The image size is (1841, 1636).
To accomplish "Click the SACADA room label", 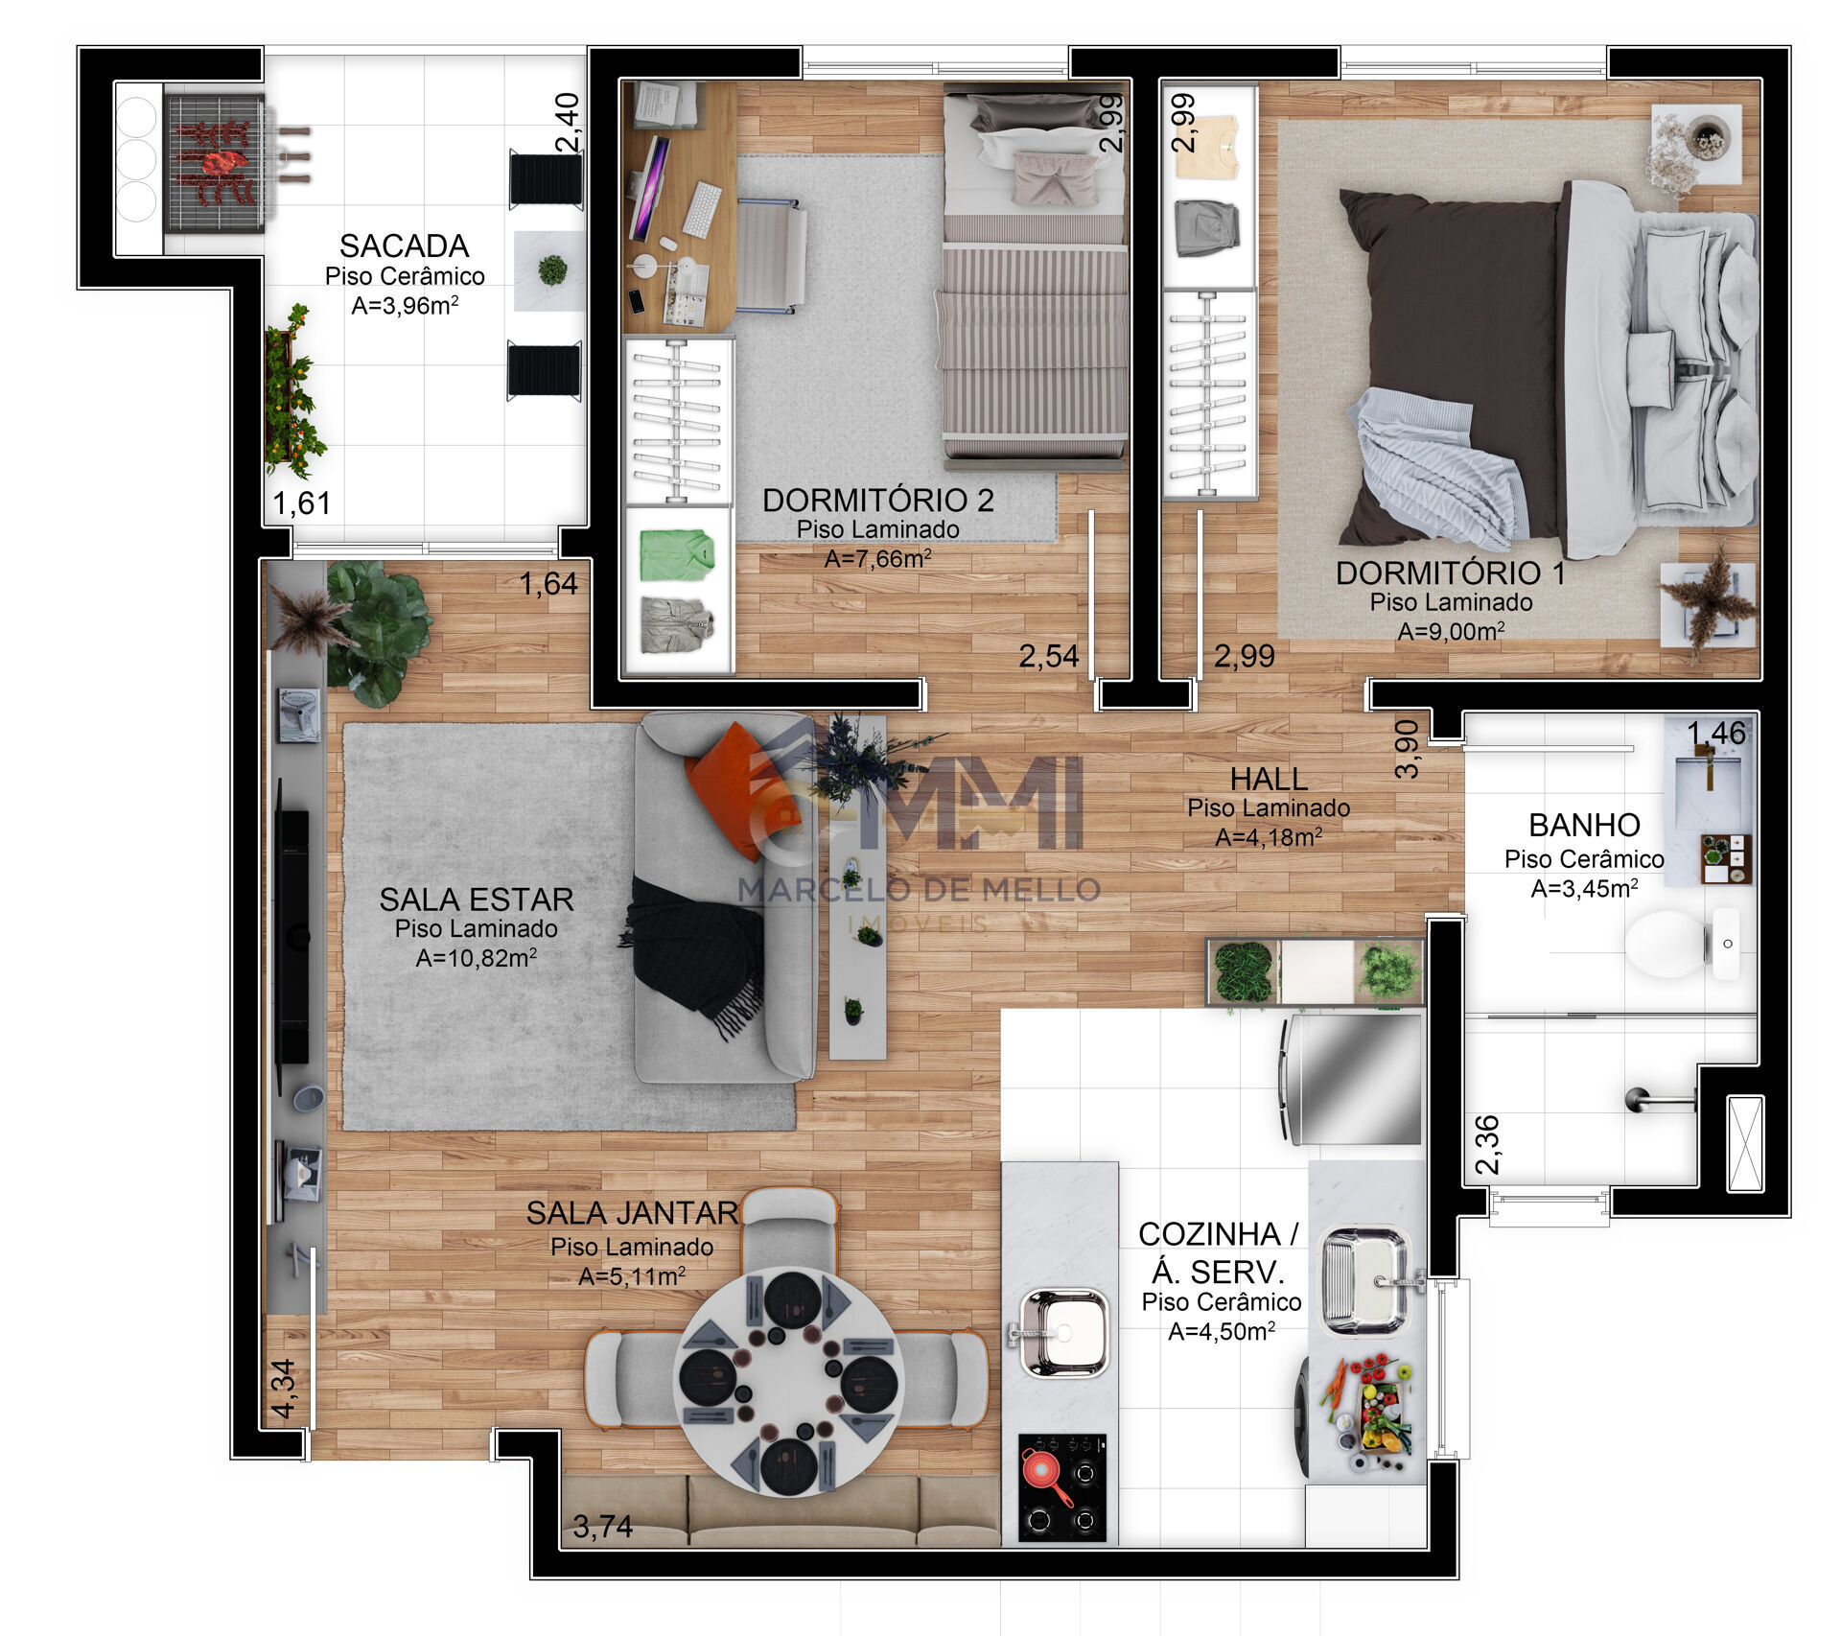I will [404, 246].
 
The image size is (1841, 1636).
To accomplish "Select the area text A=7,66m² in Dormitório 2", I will [877, 559].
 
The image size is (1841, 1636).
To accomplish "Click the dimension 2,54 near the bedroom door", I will [1048, 657].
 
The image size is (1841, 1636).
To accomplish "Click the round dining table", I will [788, 1381].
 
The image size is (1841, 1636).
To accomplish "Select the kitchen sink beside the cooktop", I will [1062, 1332].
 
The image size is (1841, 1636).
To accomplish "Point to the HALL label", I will [1269, 779].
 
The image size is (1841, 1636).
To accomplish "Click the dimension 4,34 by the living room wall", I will [284, 1389].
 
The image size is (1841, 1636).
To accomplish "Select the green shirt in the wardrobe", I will [678, 554].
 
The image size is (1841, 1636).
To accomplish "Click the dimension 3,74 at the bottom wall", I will [602, 1527].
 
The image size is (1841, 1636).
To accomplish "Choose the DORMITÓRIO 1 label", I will [1451, 573].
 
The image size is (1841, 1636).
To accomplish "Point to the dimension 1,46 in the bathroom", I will [1716, 734].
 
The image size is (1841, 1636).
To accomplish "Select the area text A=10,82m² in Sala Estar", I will [477, 958].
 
